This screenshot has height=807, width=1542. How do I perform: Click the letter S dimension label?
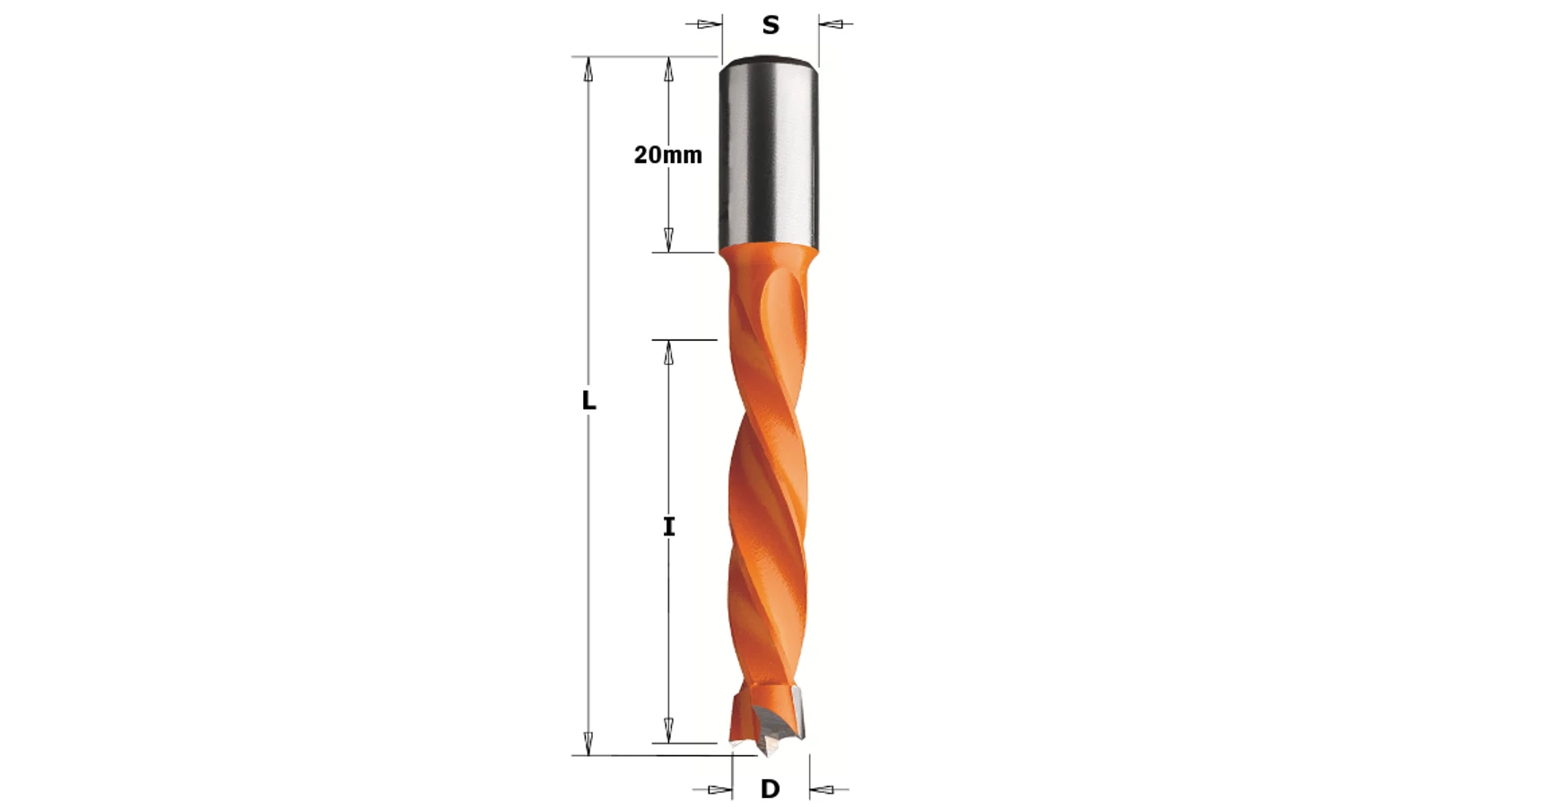[771, 25]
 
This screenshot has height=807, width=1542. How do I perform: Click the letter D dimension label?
[770, 789]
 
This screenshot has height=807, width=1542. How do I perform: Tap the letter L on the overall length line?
[588, 401]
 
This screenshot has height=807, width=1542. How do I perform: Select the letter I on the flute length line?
[668, 527]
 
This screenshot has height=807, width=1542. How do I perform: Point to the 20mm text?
[667, 155]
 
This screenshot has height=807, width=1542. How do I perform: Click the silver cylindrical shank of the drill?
[770, 152]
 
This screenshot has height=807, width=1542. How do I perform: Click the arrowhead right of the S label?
[832, 24]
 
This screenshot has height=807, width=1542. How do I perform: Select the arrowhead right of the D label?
[823, 790]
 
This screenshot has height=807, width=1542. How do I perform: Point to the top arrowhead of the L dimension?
[588, 69]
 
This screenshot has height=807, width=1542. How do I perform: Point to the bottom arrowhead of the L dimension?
[588, 742]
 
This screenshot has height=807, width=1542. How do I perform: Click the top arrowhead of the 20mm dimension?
[668, 69]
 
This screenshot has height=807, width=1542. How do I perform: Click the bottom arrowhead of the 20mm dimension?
[668, 239]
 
